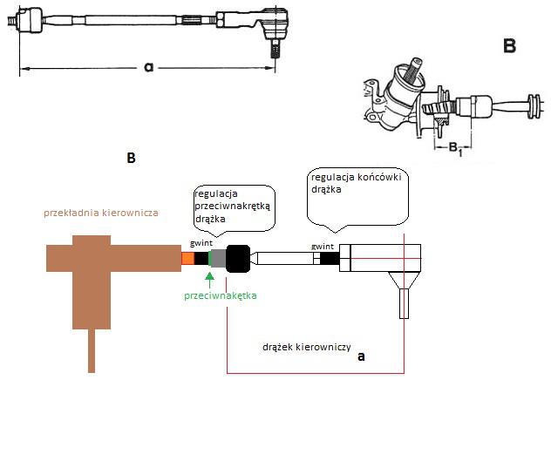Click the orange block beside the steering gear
click(188, 259)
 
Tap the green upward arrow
click(210, 280)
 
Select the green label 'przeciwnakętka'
click(221, 295)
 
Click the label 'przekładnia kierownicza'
click(101, 213)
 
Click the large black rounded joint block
click(238, 259)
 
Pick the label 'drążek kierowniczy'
click(306, 347)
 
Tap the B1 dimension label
click(455, 147)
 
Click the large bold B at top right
click(509, 46)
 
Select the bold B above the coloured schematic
click(131, 158)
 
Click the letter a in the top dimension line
click(149, 67)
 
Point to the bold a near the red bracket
click(361, 356)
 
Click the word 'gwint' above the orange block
click(201, 243)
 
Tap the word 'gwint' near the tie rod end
click(323, 247)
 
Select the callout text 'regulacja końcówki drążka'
click(357, 183)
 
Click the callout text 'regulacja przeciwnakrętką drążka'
click(233, 207)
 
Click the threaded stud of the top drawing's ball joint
click(275, 48)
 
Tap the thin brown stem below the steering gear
click(92, 350)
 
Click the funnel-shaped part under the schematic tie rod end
click(405, 281)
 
